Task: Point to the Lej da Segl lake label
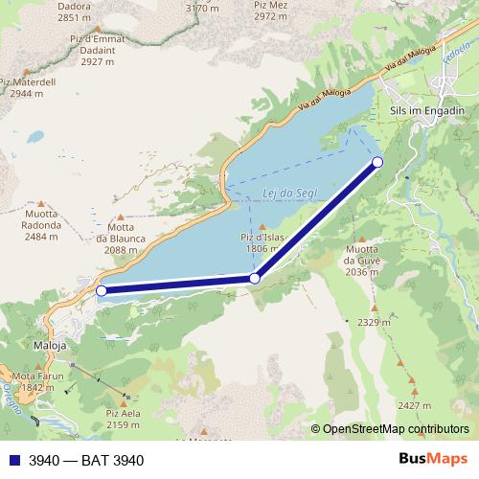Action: click(x=284, y=194)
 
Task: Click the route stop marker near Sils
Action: click(x=377, y=162)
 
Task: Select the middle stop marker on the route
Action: click(x=254, y=278)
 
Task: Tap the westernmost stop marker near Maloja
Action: click(x=102, y=290)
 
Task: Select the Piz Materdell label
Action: click(x=34, y=88)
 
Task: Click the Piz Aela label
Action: click(x=124, y=419)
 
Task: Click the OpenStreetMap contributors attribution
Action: click(x=396, y=430)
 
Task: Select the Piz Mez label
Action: click(x=271, y=11)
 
